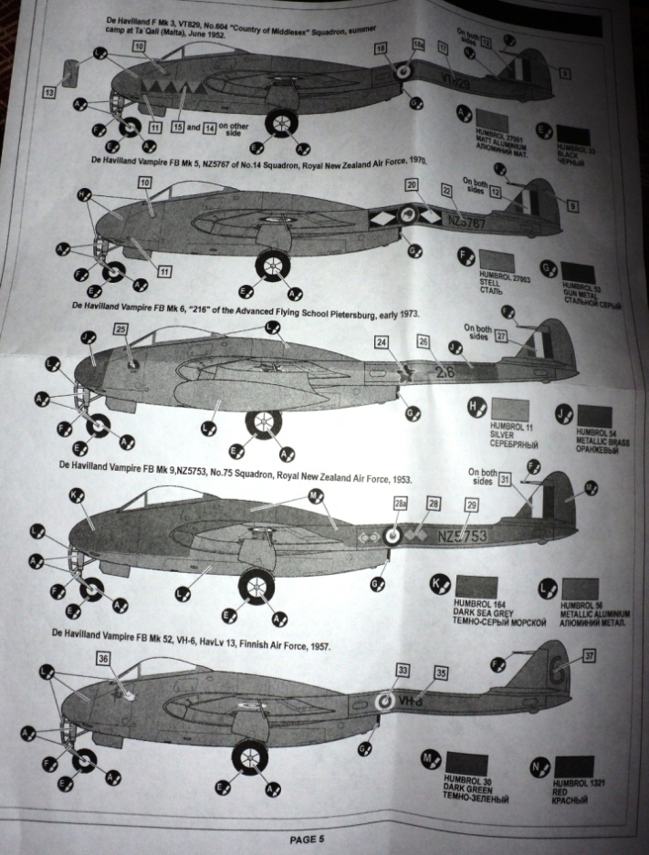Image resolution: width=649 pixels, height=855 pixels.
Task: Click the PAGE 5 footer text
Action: coord(306,839)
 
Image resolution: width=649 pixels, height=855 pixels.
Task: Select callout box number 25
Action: coord(120,329)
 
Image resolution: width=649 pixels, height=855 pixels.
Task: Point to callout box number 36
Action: coord(103,657)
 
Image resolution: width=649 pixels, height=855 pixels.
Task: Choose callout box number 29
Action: coord(471,504)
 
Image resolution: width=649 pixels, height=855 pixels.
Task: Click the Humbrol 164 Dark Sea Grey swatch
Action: coord(475,585)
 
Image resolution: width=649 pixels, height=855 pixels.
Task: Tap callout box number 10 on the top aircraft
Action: coord(139,46)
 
